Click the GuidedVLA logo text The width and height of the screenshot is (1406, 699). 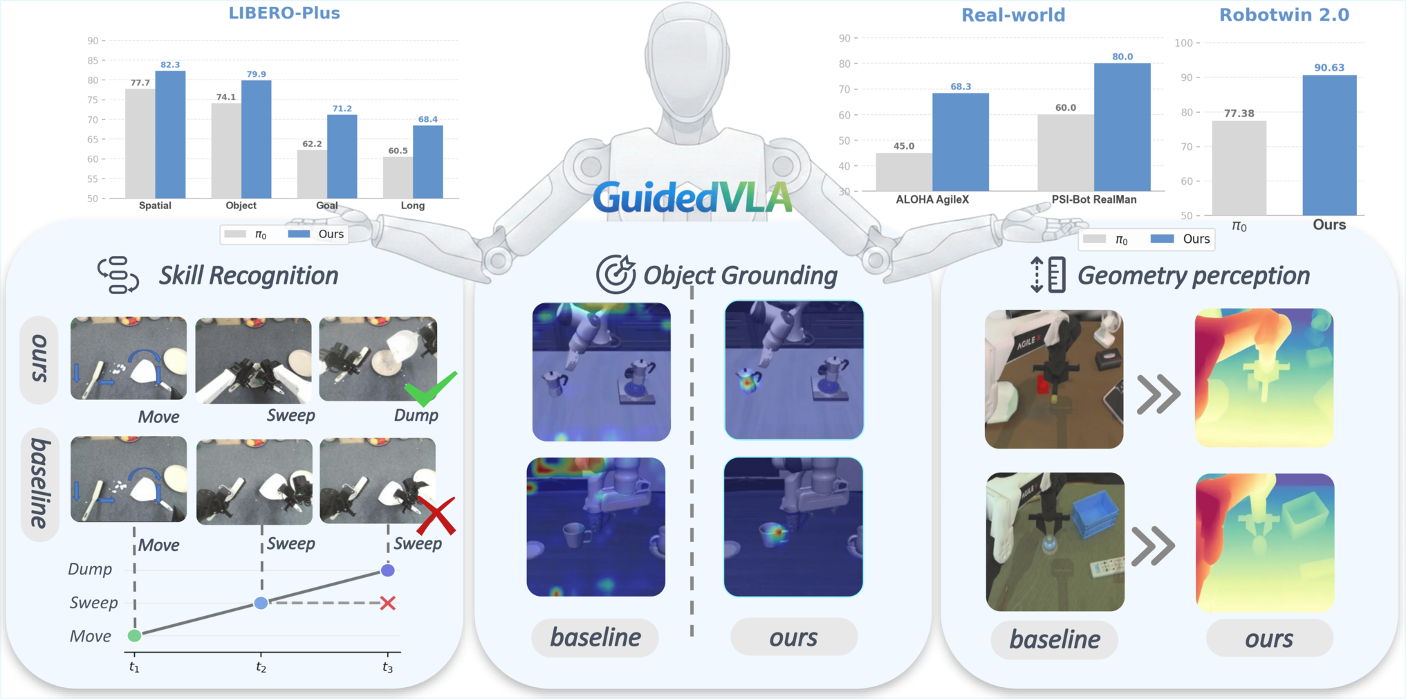[692, 197]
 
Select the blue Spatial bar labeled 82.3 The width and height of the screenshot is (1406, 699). [170, 134]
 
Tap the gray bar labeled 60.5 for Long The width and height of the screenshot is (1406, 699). [398, 177]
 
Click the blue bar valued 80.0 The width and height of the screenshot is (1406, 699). [1122, 127]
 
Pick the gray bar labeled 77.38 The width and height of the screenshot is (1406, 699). [1239, 168]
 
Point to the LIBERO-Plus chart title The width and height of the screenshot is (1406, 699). [284, 13]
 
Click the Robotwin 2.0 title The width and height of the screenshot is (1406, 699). [1284, 15]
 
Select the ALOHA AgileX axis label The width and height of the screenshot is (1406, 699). [932, 199]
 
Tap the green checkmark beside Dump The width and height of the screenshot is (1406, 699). [430, 388]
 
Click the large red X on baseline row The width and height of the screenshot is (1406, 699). [436, 516]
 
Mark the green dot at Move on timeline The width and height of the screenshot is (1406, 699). [135, 635]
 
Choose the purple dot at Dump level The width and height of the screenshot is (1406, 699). [388, 570]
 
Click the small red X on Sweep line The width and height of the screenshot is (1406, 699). [388, 603]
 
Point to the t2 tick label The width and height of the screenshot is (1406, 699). [261, 667]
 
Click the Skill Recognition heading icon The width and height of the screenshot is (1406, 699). [118, 275]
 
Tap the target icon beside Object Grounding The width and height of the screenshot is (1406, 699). [616, 274]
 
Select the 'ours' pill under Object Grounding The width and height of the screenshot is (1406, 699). [794, 637]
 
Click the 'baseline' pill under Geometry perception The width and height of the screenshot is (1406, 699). [1055, 639]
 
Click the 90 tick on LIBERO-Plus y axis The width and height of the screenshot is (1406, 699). [93, 41]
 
